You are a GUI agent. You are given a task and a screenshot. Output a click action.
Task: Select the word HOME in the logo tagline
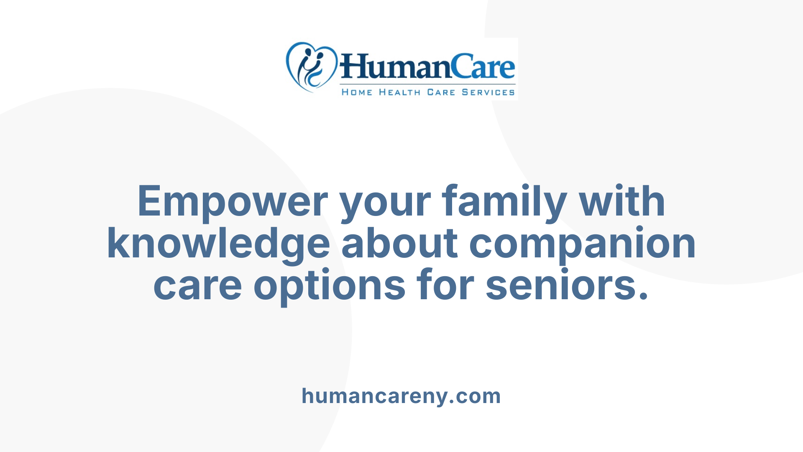[x=357, y=92]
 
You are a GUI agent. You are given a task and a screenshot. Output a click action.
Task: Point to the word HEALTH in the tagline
[x=399, y=92]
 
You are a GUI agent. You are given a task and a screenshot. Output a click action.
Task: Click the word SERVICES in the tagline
[x=488, y=92]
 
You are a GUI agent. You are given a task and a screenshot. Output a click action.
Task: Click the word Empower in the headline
[x=233, y=202]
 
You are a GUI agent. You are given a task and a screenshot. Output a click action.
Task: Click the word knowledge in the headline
[x=218, y=244]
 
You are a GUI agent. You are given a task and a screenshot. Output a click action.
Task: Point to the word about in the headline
[x=399, y=244]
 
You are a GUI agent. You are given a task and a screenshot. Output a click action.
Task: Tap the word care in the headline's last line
[x=197, y=286]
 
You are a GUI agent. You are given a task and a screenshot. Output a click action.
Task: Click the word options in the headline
[x=329, y=287]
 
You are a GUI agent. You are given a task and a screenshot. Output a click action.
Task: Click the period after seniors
[x=643, y=295]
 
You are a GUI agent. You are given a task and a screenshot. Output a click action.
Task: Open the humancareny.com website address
[x=401, y=396]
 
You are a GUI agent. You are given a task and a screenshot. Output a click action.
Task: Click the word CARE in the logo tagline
[x=441, y=92]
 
